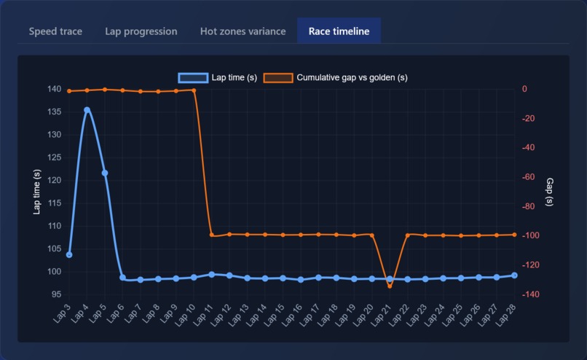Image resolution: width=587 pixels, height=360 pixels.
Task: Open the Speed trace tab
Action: coord(55,31)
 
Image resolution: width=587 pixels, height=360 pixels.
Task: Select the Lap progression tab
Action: coord(141,31)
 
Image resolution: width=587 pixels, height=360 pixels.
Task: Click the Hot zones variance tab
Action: coord(243,31)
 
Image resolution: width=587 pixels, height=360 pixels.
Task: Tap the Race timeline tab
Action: coord(339,31)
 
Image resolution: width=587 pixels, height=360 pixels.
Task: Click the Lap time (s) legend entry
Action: coord(218,78)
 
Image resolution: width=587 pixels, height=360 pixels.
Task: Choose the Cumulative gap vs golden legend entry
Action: coord(335,78)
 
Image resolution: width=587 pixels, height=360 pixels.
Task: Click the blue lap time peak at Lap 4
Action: coord(87,110)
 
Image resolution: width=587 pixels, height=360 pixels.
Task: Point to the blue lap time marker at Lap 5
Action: coord(105,173)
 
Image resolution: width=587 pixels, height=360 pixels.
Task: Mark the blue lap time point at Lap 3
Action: coord(69,255)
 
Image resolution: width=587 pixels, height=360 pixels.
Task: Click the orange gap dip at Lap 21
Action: coord(390,286)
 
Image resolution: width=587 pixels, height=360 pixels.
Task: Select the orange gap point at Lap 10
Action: coord(194,90)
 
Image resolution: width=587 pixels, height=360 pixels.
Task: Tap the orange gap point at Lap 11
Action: coord(212,235)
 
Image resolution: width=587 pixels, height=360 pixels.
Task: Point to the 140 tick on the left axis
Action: coord(54,89)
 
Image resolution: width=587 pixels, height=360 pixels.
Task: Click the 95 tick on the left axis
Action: coord(57,294)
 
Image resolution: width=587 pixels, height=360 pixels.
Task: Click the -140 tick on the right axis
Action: coord(532,294)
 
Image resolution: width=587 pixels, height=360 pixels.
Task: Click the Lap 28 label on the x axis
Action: coord(507,315)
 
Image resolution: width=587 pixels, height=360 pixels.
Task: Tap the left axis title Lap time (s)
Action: coord(37,192)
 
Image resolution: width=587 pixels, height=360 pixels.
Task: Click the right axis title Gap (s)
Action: coord(550,192)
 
